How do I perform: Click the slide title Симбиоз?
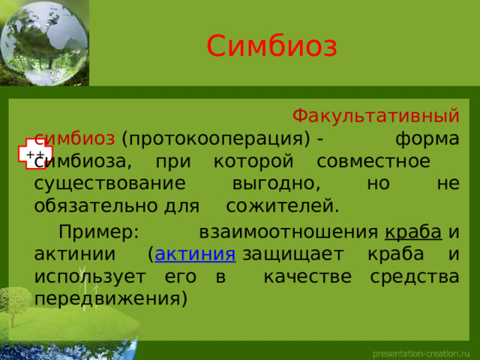pos(271,46)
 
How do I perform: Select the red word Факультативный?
pos(375,116)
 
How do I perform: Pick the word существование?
pos(108,183)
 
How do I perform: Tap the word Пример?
pos(98,232)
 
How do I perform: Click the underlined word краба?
pos(411,232)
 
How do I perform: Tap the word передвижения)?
pos(110,298)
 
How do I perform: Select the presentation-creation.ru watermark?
pos(422,351)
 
